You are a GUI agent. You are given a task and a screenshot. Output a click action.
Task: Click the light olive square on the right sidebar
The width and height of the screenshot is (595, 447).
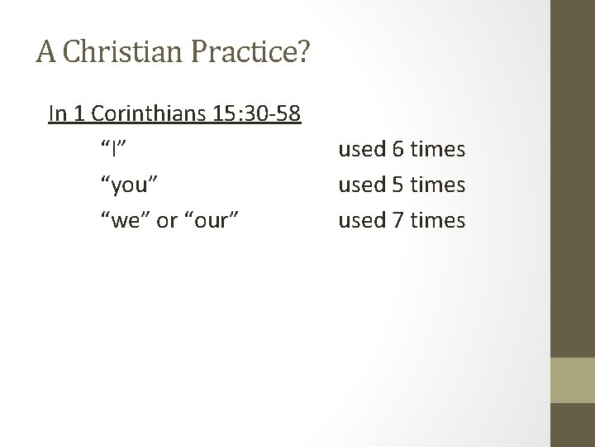(x=573, y=379)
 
